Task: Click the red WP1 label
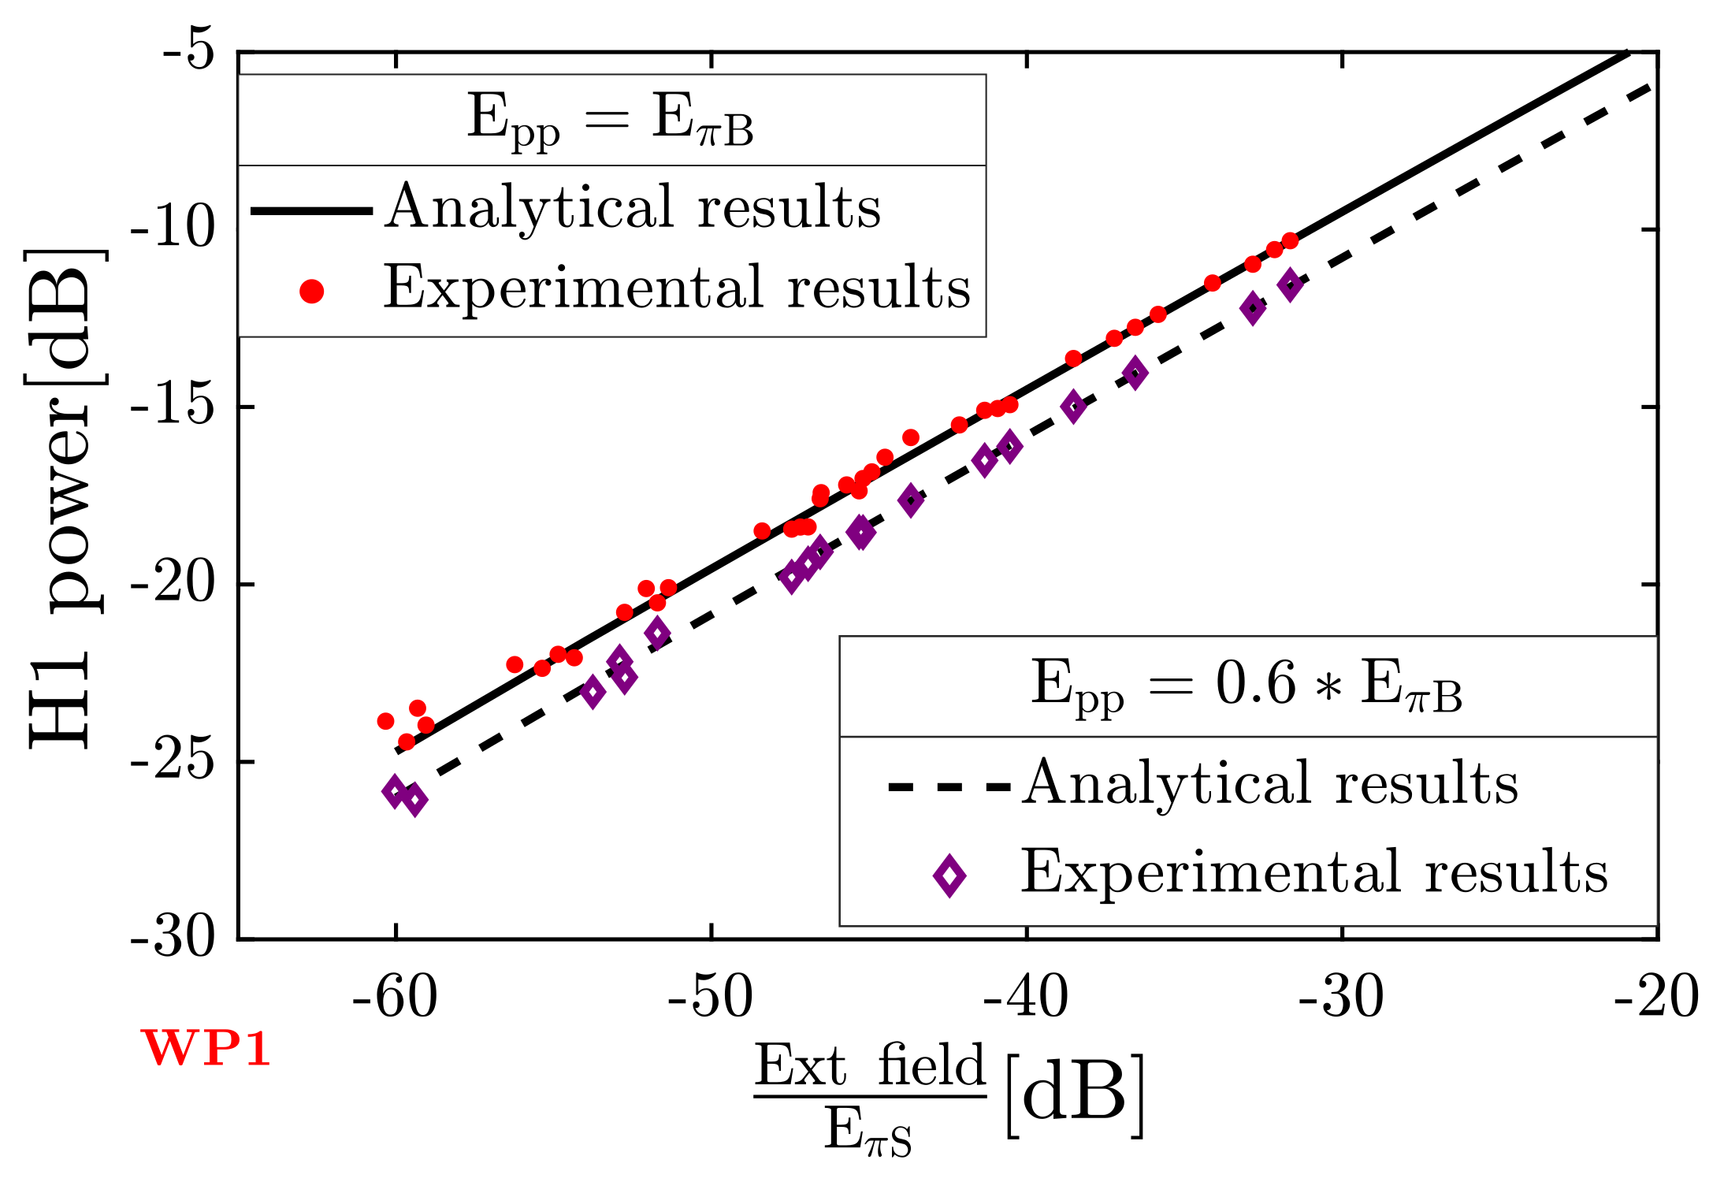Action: [x=206, y=1049]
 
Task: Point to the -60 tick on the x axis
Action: [x=395, y=998]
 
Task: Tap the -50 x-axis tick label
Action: [x=710, y=998]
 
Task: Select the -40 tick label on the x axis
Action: [x=1026, y=998]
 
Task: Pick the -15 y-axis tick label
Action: [x=173, y=407]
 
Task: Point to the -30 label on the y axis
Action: [x=173, y=939]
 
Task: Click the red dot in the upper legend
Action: [x=312, y=292]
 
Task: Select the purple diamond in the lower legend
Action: [x=949, y=875]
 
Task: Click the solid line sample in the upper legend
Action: [x=311, y=210]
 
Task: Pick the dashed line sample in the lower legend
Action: [x=949, y=786]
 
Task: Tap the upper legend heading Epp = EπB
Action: [x=611, y=121]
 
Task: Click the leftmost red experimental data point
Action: [x=385, y=721]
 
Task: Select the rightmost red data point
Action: [x=1290, y=240]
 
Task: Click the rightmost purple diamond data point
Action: [x=1291, y=284]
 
